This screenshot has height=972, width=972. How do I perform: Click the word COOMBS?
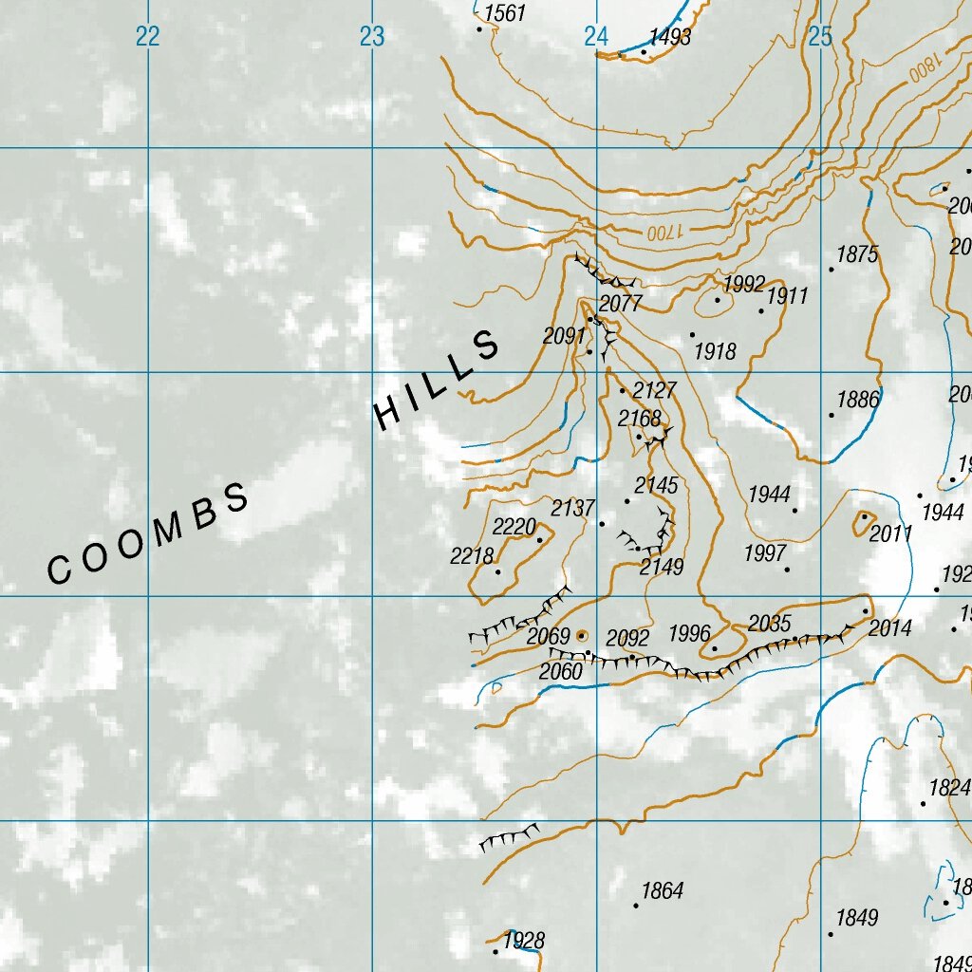point(149,534)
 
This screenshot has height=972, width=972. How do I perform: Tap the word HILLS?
point(438,380)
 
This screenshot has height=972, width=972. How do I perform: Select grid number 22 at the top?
point(147,37)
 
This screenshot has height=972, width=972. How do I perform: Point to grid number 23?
point(371,37)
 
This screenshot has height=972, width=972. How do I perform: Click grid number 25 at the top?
point(820,37)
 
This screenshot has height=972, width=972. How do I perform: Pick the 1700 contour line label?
point(664,232)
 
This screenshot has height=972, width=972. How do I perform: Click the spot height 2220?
point(514,527)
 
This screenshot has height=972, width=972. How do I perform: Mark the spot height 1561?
point(504,13)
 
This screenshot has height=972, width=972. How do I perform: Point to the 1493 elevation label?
point(669,38)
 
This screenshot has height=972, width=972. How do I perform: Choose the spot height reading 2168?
point(639,419)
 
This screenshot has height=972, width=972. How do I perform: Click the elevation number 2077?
point(621,304)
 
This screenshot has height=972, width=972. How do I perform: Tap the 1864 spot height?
point(662,890)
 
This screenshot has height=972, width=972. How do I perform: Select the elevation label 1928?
point(524,941)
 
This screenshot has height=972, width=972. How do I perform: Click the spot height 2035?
point(769,624)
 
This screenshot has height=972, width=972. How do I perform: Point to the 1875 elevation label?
point(857,254)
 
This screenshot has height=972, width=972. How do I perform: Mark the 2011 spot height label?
point(890,533)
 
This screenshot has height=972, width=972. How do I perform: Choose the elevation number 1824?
point(949,788)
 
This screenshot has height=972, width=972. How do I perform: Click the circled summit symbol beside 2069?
point(582,636)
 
